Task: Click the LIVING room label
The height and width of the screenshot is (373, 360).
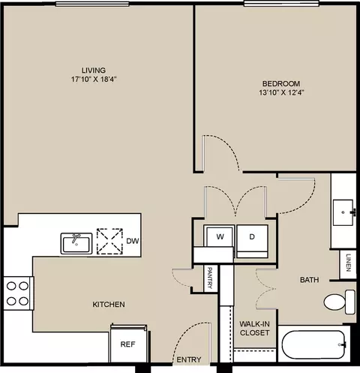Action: pyautogui.click(x=94, y=70)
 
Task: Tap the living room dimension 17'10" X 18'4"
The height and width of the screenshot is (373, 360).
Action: pyautogui.click(x=94, y=80)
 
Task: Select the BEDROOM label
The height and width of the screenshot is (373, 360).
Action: pyautogui.click(x=281, y=83)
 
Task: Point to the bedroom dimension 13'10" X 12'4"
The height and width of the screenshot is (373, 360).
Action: pyautogui.click(x=281, y=93)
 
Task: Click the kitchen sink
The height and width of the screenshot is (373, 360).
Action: pyautogui.click(x=76, y=244)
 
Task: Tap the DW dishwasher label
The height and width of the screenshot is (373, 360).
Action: pyautogui.click(x=133, y=241)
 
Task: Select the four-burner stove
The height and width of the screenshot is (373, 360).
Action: pyautogui.click(x=18, y=293)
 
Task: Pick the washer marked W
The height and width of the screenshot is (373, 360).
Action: pyautogui.click(x=219, y=236)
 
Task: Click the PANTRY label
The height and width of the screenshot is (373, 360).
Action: pyautogui.click(x=210, y=278)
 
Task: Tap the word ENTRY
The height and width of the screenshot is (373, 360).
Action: pyautogui.click(x=189, y=359)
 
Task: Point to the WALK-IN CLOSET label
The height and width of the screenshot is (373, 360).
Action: pyautogui.click(x=254, y=328)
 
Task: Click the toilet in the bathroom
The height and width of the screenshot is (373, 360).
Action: pyautogui.click(x=340, y=302)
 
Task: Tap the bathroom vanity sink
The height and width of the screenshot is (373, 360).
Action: pyautogui.click(x=343, y=212)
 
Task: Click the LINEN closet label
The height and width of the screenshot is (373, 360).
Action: pyautogui.click(x=348, y=263)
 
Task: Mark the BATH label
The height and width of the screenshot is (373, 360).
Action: pyautogui.click(x=309, y=280)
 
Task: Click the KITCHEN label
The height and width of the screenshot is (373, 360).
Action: pyautogui.click(x=109, y=304)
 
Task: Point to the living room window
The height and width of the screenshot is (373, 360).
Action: pyautogui.click(x=92, y=4)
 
